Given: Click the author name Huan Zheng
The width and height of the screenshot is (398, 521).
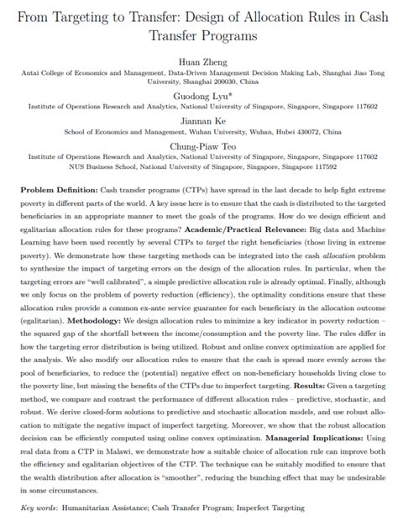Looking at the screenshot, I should point(198,62).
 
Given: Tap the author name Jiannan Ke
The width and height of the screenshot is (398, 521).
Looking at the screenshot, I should point(198,119).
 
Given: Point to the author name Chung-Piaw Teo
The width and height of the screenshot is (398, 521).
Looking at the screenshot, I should point(198,144).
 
